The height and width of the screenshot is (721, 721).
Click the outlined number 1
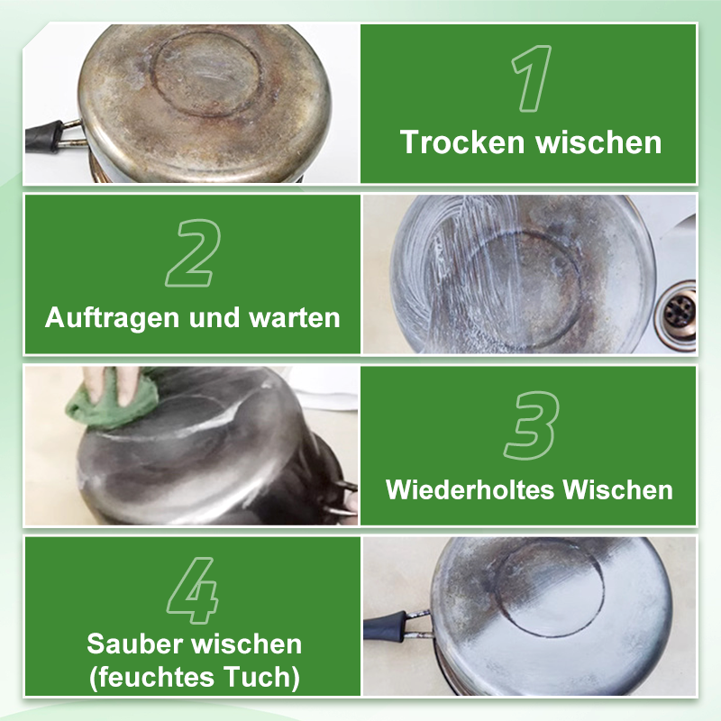[x=531, y=79]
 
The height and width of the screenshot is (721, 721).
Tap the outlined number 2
[x=191, y=255]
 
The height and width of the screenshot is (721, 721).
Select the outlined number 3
[x=531, y=424]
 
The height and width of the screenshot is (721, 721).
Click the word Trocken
[x=463, y=142]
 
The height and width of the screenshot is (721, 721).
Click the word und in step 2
[x=215, y=317]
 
